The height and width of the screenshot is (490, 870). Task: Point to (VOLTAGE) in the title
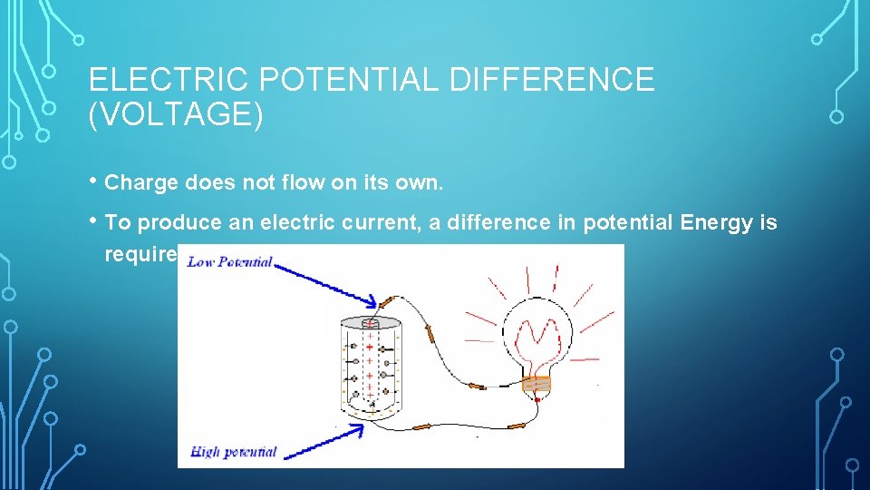[x=176, y=115]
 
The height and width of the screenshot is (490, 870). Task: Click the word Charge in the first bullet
[x=141, y=182]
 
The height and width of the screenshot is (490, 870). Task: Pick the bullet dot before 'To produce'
[x=95, y=222]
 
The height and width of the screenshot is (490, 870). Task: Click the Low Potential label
[x=229, y=262]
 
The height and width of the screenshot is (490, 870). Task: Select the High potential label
[x=234, y=451]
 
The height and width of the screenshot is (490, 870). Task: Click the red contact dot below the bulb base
[x=537, y=400]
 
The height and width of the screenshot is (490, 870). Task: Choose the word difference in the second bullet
[x=481, y=222]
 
